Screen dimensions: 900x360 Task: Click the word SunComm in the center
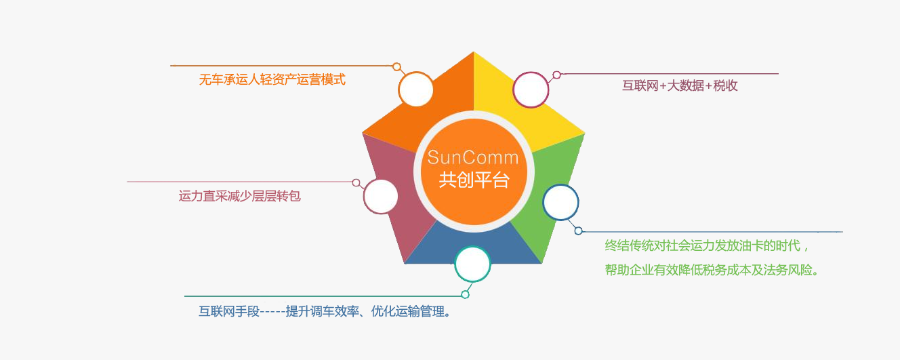(x=473, y=157)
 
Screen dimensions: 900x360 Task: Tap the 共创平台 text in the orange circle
(x=474, y=180)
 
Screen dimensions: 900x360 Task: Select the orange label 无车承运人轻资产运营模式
(x=272, y=79)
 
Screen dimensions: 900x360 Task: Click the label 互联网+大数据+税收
(x=680, y=85)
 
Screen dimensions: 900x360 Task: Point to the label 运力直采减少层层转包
(x=239, y=196)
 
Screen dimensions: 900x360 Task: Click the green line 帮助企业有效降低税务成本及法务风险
(x=712, y=270)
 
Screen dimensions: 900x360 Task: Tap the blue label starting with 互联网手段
(x=325, y=311)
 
